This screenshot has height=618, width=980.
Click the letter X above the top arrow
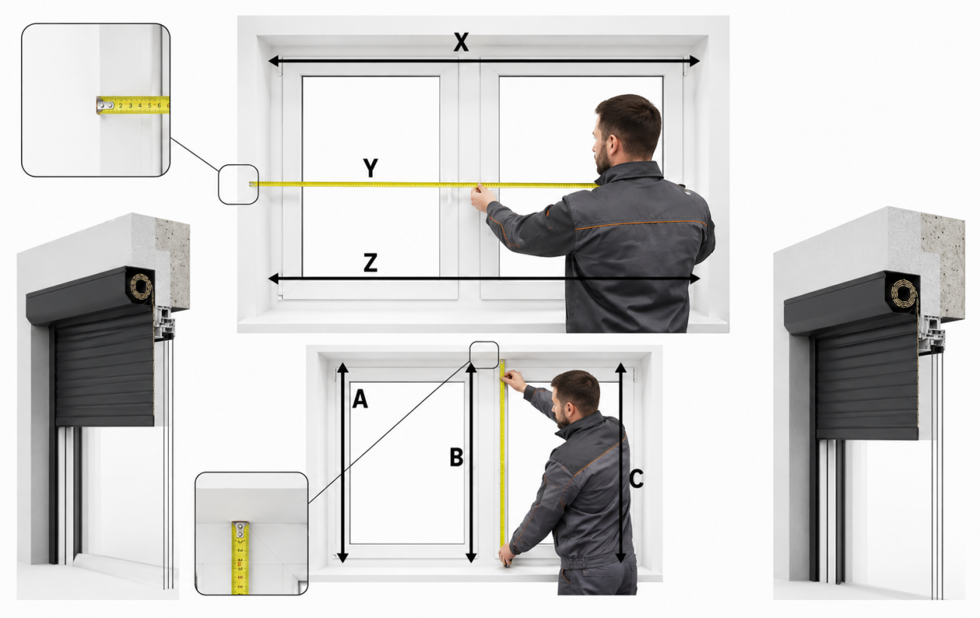click(461, 42)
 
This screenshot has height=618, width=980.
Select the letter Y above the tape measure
click(371, 167)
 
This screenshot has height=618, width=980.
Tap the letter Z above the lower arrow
click(371, 263)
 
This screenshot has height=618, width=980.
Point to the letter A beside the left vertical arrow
click(360, 399)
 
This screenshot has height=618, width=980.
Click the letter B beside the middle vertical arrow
click(456, 457)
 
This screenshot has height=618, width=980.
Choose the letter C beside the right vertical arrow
click(636, 479)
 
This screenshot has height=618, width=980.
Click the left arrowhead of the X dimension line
click(274, 61)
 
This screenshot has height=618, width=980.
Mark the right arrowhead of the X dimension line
click(694, 61)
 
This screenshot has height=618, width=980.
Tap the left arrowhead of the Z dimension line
click(274, 278)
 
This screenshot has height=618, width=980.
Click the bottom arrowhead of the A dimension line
click(343, 557)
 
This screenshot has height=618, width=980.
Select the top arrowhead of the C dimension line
click(620, 369)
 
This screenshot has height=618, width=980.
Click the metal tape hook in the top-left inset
click(106, 105)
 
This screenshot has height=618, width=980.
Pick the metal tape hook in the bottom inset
click(240, 530)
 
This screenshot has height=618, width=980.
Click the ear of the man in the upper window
click(612, 145)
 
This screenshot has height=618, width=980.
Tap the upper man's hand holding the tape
click(480, 198)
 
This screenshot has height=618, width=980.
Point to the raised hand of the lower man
click(513, 380)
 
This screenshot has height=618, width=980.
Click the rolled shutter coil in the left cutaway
click(141, 286)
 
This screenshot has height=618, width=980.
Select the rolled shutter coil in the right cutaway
click(904, 292)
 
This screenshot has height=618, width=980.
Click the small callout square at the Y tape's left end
click(238, 185)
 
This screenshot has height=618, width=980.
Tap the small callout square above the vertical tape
click(484, 355)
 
